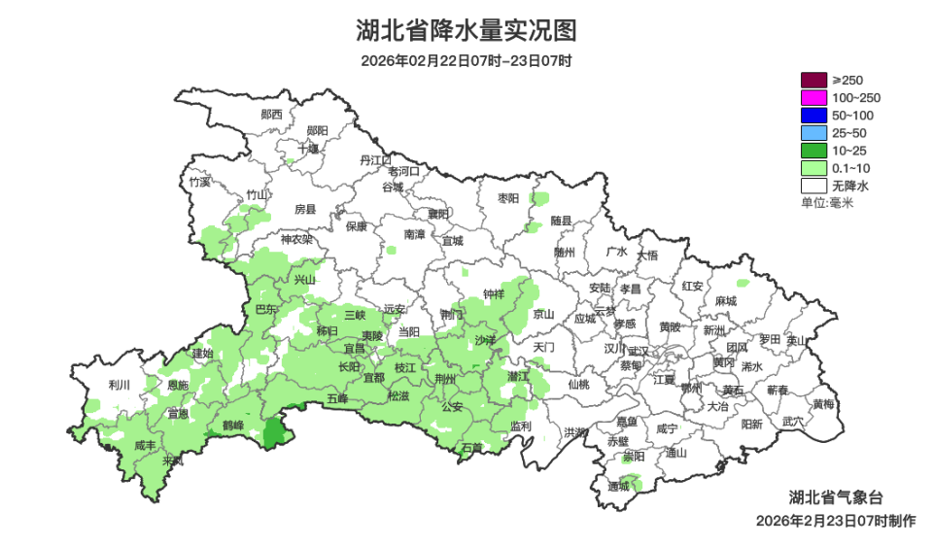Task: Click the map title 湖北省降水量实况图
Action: pos(466,30)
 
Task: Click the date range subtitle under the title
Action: pos(466,60)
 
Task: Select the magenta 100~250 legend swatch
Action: pos(813,98)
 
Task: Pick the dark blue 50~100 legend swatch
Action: pos(813,116)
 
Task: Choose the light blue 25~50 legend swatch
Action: pos(813,133)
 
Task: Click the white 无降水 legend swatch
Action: pos(813,185)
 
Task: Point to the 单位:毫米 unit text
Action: pos(826,202)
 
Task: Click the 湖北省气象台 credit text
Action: pos(835,496)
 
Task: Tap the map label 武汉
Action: pos(639,351)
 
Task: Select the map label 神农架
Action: pos(296,239)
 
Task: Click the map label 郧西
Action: pos(271,114)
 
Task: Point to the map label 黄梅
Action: pos(823,404)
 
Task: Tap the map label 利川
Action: pos(120,384)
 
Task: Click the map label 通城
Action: pos(618,486)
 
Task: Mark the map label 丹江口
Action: pos(374,159)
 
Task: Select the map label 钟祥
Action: pos(494,294)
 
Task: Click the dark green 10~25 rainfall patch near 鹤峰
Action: pos(276,430)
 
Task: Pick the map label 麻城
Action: pos(725,301)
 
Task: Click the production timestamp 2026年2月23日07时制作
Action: pos(835,522)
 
